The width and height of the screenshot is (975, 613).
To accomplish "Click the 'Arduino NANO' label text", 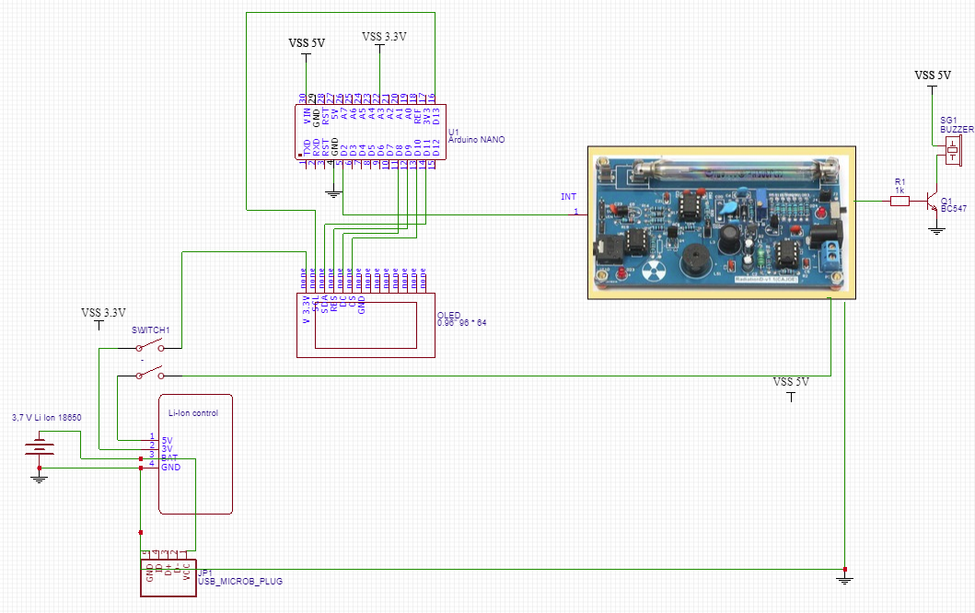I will [476, 140].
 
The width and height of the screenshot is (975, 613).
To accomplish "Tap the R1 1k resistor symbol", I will [900, 200].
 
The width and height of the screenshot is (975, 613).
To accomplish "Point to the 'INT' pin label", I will [568, 197].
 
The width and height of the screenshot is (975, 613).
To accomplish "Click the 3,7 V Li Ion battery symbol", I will [38, 448].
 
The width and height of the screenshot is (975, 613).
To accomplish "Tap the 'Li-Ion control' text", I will [193, 413].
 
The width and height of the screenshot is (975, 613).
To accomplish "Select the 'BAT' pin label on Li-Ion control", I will [169, 457].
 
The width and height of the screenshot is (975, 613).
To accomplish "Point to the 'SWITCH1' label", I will [151, 330].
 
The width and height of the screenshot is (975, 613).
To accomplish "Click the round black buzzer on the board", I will [695, 263].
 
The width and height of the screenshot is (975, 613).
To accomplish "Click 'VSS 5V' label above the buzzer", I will [932, 75].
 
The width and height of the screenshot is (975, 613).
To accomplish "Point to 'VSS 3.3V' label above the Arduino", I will [384, 37].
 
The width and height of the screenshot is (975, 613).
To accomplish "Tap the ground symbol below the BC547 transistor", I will [936, 229].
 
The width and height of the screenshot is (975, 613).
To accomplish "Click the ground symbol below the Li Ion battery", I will [38, 478].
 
